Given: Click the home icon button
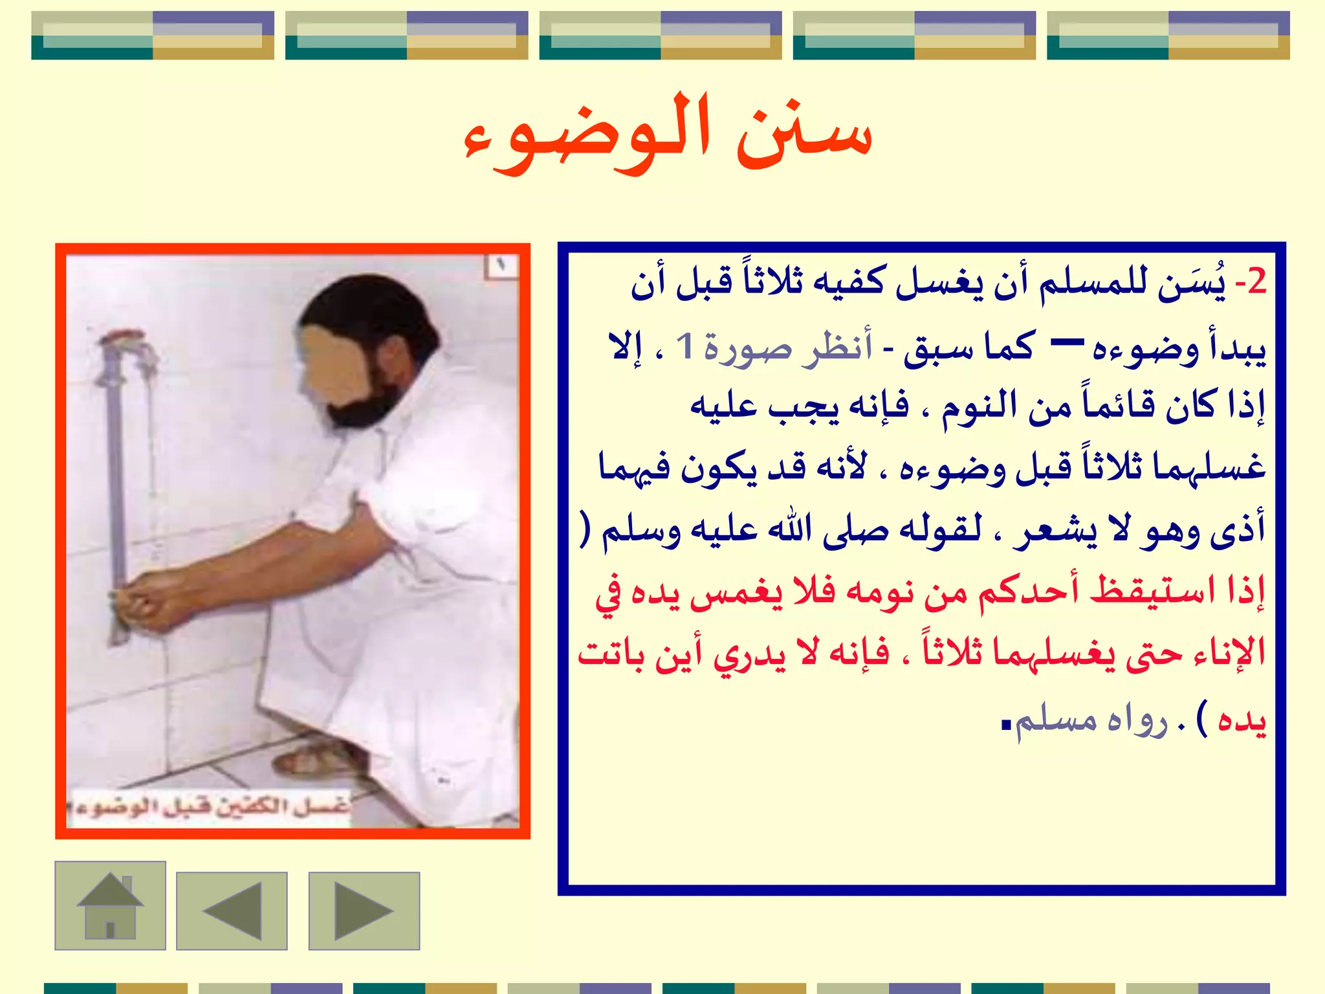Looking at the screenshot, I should point(110,905).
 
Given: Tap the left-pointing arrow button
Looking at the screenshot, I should point(232,911).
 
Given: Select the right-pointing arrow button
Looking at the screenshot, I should point(364,911).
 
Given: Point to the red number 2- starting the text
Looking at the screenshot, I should point(1250,282).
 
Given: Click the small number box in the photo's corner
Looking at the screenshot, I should point(501,265).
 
